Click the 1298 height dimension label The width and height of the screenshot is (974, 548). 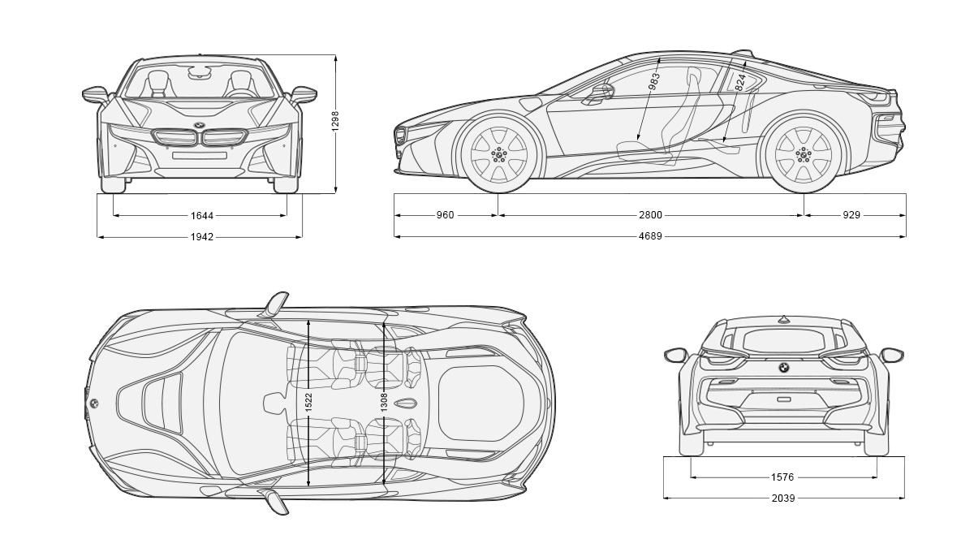(335, 120)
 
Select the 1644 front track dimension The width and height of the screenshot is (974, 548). (202, 215)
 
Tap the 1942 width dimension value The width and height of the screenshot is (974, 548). (202, 237)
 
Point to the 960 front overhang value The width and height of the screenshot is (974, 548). (445, 215)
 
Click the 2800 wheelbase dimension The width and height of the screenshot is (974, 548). (650, 215)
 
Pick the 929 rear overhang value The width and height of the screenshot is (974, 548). (851, 215)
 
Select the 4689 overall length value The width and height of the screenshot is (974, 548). (650, 237)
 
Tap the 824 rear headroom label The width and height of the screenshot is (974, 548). (739, 82)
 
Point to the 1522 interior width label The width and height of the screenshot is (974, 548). (309, 401)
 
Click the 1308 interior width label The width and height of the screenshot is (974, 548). (384, 401)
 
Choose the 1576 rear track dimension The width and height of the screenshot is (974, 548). (783, 477)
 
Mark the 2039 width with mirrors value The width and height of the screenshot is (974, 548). (783, 498)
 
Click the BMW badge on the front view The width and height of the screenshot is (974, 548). (200, 125)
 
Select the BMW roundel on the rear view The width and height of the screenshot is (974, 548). (784, 368)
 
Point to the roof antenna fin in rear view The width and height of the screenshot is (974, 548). (784, 318)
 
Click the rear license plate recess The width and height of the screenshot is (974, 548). (784, 399)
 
